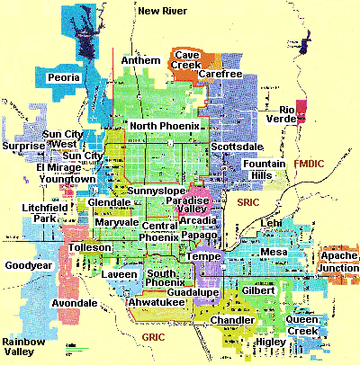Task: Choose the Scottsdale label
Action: [x=236, y=146]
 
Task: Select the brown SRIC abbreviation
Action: [x=247, y=206]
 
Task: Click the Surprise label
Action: [x=23, y=146]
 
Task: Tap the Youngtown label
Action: [x=66, y=179]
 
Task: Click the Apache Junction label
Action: [x=337, y=263]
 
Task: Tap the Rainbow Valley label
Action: [x=24, y=347]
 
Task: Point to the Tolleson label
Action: [x=89, y=246]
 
